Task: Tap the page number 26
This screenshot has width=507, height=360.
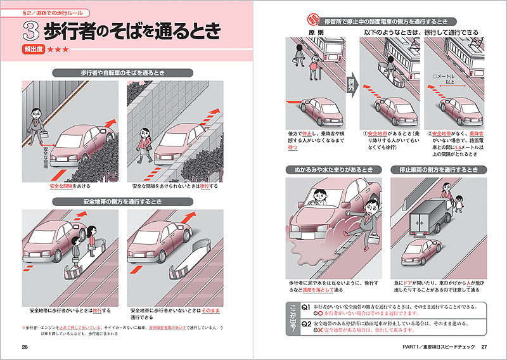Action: (25, 347)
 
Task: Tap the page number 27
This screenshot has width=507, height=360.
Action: (484, 347)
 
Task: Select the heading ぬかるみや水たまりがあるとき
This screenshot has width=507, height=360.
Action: (333, 170)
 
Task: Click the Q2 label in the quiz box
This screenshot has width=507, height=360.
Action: (306, 323)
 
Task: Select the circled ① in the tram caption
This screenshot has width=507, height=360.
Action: (365, 134)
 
